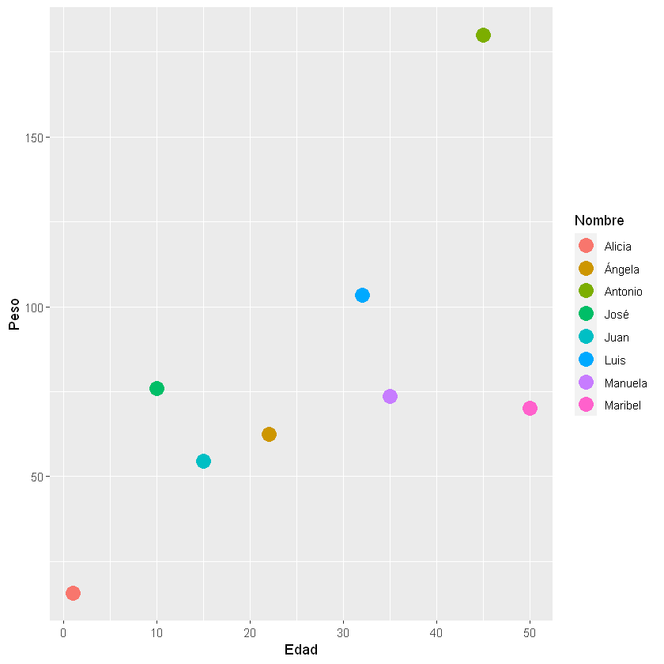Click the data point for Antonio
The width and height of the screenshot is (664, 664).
pyautogui.click(x=483, y=35)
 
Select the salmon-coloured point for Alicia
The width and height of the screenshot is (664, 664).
pyautogui.click(x=73, y=593)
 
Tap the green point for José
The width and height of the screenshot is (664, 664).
pyautogui.click(x=157, y=388)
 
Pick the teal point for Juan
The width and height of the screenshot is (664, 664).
pyautogui.click(x=203, y=461)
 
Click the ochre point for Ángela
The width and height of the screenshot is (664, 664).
pyautogui.click(x=269, y=434)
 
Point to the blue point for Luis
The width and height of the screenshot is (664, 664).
pyautogui.click(x=362, y=295)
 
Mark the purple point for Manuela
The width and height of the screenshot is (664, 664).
pyautogui.click(x=390, y=396)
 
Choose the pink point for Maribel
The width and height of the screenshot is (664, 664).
pyautogui.click(x=530, y=408)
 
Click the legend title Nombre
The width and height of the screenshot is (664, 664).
pyautogui.click(x=599, y=220)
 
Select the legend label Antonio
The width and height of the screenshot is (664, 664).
pyautogui.click(x=623, y=292)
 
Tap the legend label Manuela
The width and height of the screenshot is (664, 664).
pyautogui.click(x=625, y=383)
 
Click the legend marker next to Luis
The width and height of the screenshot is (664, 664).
pyautogui.click(x=587, y=360)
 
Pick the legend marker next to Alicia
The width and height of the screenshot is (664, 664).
pyautogui.click(x=587, y=246)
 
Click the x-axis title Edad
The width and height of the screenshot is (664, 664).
pyautogui.click(x=300, y=650)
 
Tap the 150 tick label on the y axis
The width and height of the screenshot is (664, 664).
pyautogui.click(x=33, y=137)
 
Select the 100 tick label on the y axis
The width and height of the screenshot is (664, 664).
pyautogui.click(x=33, y=307)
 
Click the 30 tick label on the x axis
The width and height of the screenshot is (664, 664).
pyautogui.click(x=343, y=632)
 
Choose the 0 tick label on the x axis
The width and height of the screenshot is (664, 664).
pyautogui.click(x=63, y=632)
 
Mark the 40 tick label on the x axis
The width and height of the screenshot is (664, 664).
pyautogui.click(x=436, y=632)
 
